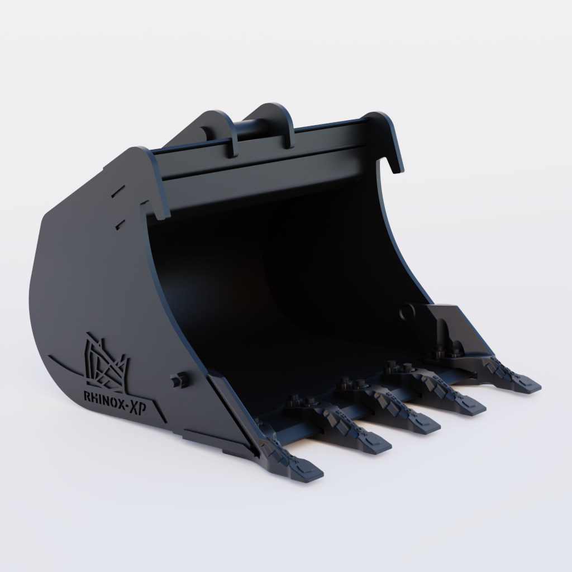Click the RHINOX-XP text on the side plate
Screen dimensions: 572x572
pos(120,395)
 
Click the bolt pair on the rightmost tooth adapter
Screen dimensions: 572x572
pos(449,351)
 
